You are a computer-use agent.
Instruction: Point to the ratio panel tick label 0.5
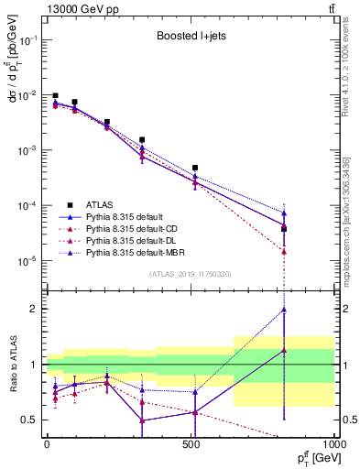[x=30, y=420]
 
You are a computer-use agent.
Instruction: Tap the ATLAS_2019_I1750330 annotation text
[x=191, y=274]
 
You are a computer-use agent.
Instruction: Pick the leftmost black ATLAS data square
[x=55, y=95]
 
